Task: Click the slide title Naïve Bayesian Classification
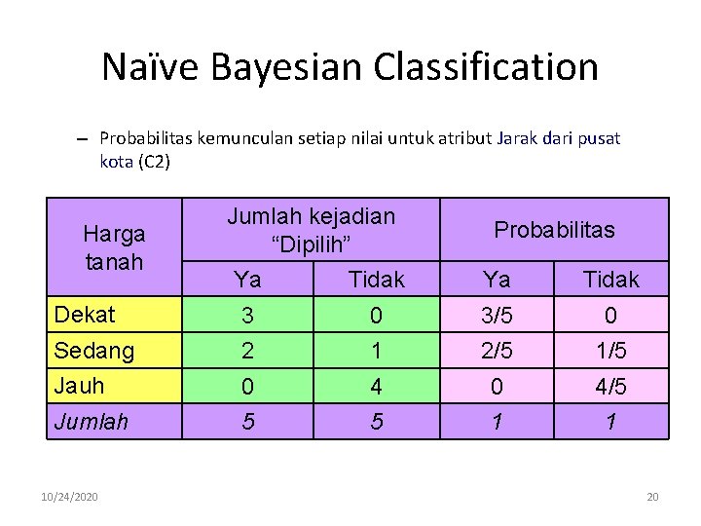[350, 67]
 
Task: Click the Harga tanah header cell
[114, 247]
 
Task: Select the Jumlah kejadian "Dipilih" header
[311, 229]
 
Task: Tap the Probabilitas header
[554, 230]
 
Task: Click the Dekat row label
[85, 315]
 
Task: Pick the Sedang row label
[94, 351]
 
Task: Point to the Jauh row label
[80, 386]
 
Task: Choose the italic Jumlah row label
[92, 422]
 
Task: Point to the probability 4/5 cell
[610, 388]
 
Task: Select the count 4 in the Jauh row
[376, 388]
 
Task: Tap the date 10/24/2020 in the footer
[70, 498]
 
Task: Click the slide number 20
[652, 498]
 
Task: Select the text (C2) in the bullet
[155, 162]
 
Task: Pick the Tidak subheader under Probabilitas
[610, 281]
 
